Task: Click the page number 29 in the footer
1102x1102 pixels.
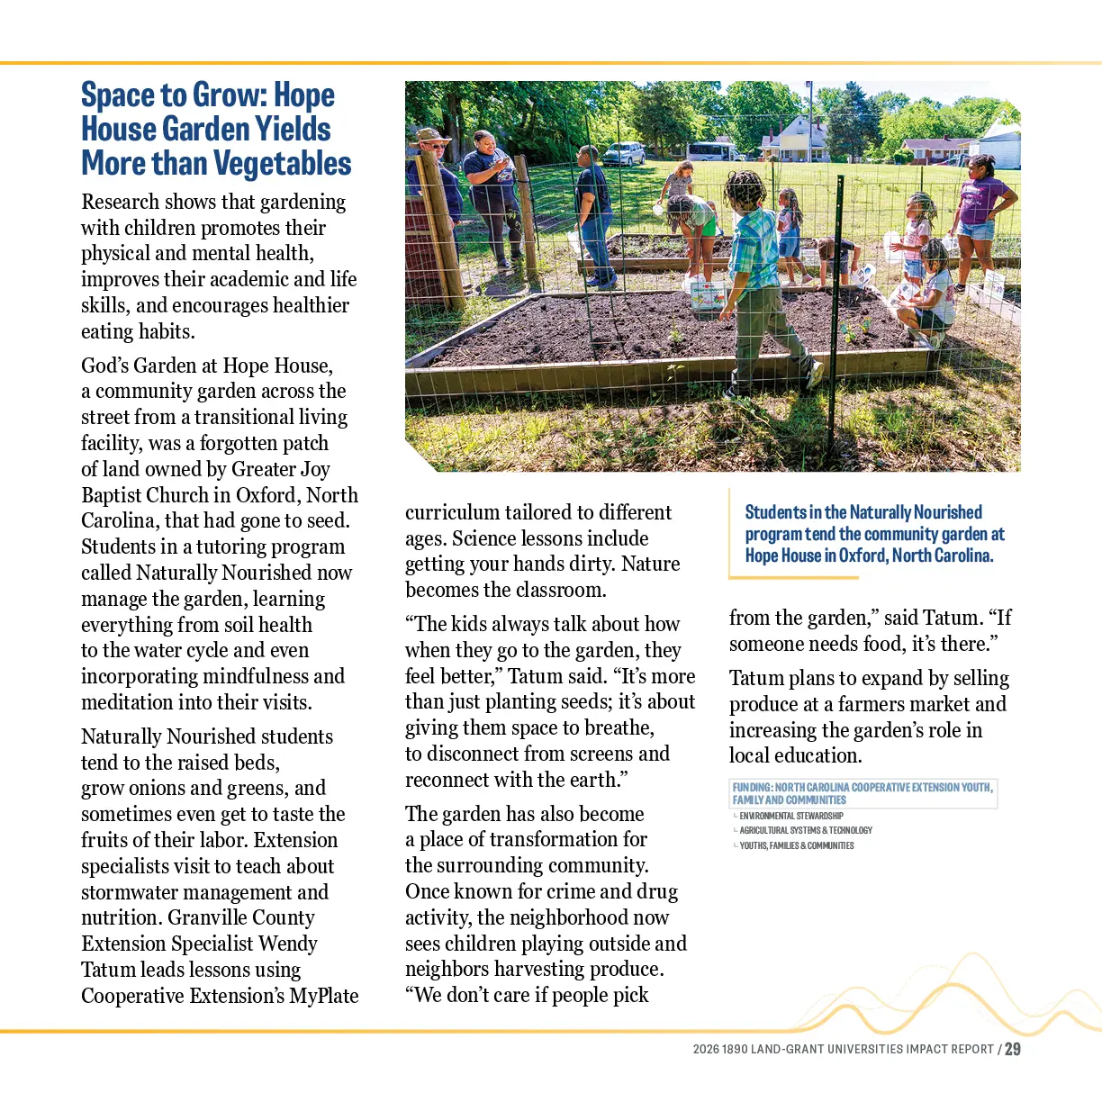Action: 1013,1049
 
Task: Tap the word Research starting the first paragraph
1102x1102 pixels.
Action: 120,203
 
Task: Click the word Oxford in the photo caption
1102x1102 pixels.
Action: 862,556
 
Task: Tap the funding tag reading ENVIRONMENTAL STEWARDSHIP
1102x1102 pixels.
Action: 790,816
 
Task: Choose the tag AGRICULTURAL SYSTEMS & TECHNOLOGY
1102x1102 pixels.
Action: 806,830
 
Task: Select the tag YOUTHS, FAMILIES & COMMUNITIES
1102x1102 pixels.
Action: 797,845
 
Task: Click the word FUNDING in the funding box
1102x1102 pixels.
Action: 752,788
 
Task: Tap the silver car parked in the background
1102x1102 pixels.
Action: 624,153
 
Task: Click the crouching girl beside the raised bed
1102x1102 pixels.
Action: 927,288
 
